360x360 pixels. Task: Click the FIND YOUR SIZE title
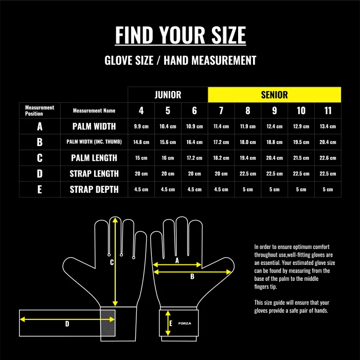[180, 35]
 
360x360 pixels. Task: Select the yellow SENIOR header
[274, 95]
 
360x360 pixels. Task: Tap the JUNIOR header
[168, 95]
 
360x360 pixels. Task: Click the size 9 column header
[274, 111]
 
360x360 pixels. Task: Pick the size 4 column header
[141, 111]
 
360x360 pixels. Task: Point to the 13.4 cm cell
[328, 127]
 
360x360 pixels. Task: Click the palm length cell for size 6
[194, 158]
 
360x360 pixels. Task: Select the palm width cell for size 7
[221, 127]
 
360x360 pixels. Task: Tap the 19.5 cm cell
[301, 142]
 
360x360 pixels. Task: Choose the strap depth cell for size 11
[328, 189]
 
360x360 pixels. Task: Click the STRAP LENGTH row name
[94, 174]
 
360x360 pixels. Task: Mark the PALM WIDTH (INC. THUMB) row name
[94, 142]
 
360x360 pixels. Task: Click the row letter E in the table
[40, 189]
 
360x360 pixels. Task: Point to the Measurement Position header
[40, 111]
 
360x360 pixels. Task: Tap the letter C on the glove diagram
[112, 262]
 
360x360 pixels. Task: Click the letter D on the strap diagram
[67, 323]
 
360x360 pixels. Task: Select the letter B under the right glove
[192, 276]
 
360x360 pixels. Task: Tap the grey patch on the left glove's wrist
[107, 323]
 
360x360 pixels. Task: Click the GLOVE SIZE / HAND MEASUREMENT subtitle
[180, 60]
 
